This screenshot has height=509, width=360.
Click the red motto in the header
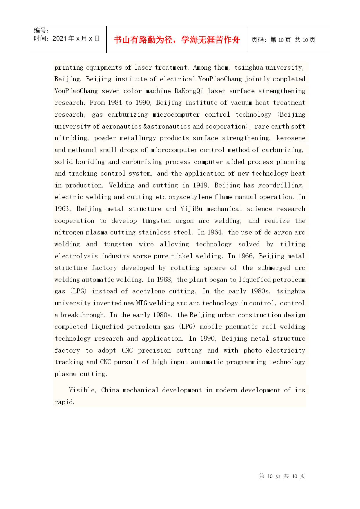pos(177,40)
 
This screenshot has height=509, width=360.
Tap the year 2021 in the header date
pos(59,39)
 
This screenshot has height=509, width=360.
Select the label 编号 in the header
pos(40,30)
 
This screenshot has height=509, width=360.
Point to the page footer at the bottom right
pos(282,476)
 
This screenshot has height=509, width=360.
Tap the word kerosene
pos(291,138)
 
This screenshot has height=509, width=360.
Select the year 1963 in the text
pos(62,209)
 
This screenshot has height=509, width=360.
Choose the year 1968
pos(164,279)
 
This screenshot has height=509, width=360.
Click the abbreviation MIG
pos(142,303)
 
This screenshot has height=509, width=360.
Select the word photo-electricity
pos(274,351)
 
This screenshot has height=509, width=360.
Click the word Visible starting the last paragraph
pos(82,390)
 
